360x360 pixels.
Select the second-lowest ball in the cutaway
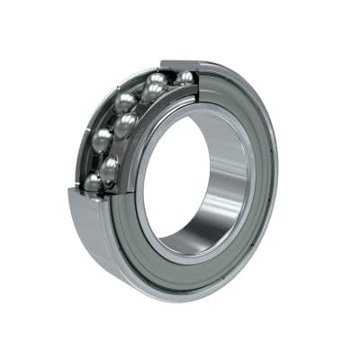coord(110,166)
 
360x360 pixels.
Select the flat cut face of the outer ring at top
coord(180,66)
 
